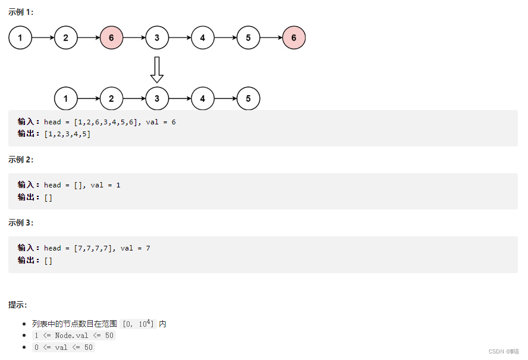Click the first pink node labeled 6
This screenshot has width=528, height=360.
[111, 38]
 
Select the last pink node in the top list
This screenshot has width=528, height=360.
[294, 38]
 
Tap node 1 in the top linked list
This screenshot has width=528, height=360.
[20, 38]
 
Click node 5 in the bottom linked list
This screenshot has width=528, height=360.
[248, 99]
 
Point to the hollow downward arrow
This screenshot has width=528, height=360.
[157, 70]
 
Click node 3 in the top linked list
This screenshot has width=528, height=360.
[157, 38]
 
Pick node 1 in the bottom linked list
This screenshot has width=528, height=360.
[65, 99]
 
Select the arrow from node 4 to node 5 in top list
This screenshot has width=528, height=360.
[225, 38]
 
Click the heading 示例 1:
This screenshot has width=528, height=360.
[21, 12]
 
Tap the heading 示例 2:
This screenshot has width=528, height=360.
[21, 159]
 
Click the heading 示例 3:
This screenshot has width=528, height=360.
[21, 223]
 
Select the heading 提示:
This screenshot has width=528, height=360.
[17, 305]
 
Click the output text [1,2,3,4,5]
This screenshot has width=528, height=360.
[67, 134]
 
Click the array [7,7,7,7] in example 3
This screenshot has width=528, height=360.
[95, 248]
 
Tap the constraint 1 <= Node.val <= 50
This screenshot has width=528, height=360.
[74, 335]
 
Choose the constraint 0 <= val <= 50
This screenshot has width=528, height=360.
[64, 347]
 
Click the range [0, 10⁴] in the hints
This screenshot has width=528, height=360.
[138, 324]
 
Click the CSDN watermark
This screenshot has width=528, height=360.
[504, 351]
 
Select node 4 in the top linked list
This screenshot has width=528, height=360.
[203, 38]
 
